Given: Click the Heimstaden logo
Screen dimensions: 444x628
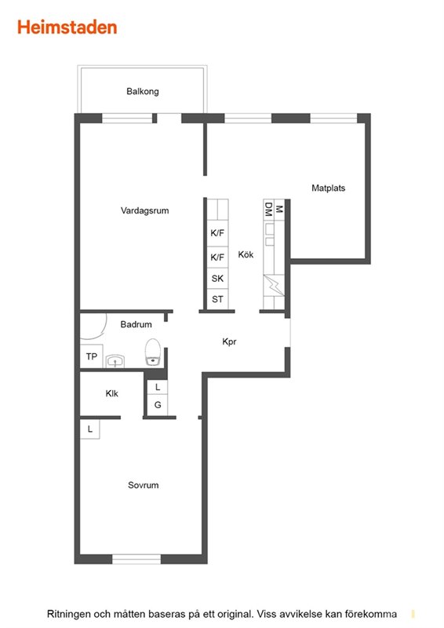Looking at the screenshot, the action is coord(67,27).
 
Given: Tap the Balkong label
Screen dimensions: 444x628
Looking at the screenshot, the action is coord(143,91).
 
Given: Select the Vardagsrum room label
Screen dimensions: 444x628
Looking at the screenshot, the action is coord(144,210).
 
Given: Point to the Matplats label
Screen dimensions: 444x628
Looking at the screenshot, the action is coord(329,188).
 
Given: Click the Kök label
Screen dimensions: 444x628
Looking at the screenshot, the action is coord(246,254).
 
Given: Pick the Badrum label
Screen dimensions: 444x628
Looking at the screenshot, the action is coord(136,324).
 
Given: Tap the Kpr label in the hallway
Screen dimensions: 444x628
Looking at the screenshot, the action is coord(229,341).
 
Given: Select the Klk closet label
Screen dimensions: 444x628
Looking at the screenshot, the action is coord(111,394).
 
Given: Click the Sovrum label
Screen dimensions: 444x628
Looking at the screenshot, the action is coord(143,485).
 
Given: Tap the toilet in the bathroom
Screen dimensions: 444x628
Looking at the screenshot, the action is coord(152,352).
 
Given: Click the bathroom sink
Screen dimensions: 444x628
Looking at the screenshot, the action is coord(115,361).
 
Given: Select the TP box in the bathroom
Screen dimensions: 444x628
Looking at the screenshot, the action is coord(92,356).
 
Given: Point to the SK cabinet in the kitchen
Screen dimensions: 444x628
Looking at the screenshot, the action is coord(217,279).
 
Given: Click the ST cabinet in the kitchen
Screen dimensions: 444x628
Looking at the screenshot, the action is coord(217,299).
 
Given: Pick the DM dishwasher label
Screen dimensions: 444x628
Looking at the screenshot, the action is coord(268,210).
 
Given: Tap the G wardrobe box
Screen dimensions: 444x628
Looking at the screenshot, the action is coord(158,405).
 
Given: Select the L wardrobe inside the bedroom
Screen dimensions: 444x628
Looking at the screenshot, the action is coord(90,429).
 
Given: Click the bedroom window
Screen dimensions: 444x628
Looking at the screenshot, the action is coord(136,559).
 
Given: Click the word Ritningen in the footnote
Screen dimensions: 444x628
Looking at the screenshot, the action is coord(68,614).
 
